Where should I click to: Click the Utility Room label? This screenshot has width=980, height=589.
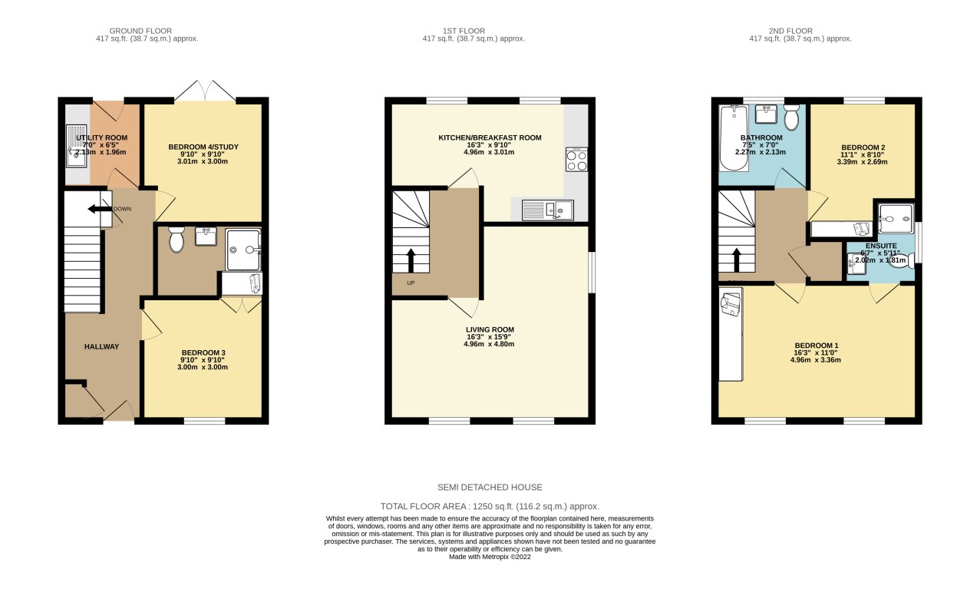pos(101,138)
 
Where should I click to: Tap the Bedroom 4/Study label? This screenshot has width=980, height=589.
pos(203,144)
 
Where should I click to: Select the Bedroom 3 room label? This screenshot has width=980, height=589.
pos(203,352)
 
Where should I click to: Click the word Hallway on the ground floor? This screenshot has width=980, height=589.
pos(101,346)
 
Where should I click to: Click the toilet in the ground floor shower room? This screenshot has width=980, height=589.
pos(176,241)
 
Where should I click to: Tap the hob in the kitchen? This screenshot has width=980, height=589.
pos(576,159)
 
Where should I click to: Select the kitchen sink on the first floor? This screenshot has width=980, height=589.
pos(547,208)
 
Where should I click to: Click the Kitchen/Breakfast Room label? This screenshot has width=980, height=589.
pos(490,138)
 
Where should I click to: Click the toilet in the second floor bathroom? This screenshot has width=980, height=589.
pos(792,117)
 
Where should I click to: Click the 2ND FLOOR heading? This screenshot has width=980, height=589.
pos(787,31)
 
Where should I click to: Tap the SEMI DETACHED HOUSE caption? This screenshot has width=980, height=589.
pos(490,487)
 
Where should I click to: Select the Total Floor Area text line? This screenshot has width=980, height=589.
pos(490,506)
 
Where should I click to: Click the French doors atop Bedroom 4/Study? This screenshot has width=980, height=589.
pos(204,91)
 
